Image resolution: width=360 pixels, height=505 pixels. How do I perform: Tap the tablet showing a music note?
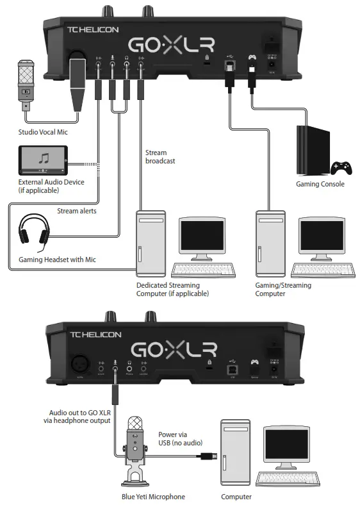point(44,159)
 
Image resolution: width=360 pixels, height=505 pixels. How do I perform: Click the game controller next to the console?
point(340,168)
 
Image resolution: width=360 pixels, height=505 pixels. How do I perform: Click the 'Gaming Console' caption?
point(320,184)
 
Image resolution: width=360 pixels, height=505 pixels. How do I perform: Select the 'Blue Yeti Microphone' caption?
point(154,497)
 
